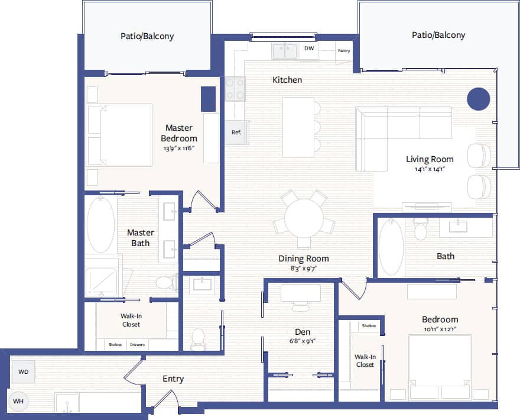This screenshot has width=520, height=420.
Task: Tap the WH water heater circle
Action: [18, 401]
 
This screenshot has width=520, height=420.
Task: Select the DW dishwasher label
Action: [309, 49]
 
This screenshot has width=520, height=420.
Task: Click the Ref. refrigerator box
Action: [236, 133]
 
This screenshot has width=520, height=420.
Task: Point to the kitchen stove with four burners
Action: [235, 89]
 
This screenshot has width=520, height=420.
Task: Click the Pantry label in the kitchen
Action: [344, 51]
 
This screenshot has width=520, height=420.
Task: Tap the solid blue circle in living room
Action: [478, 99]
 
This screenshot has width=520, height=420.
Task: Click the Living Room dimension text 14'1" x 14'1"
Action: [429, 169]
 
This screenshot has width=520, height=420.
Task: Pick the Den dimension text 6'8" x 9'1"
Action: [303, 341]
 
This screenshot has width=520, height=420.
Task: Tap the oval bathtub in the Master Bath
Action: [101, 225]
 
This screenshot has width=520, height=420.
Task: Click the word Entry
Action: [173, 379]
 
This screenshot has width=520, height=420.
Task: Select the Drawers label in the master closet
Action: [137, 345]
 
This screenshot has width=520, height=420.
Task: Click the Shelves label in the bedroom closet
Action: [369, 326]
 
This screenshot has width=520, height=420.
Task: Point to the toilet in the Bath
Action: [421, 228]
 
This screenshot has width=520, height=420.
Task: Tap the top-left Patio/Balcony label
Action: [147, 36]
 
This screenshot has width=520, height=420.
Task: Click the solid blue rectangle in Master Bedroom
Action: [208, 99]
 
